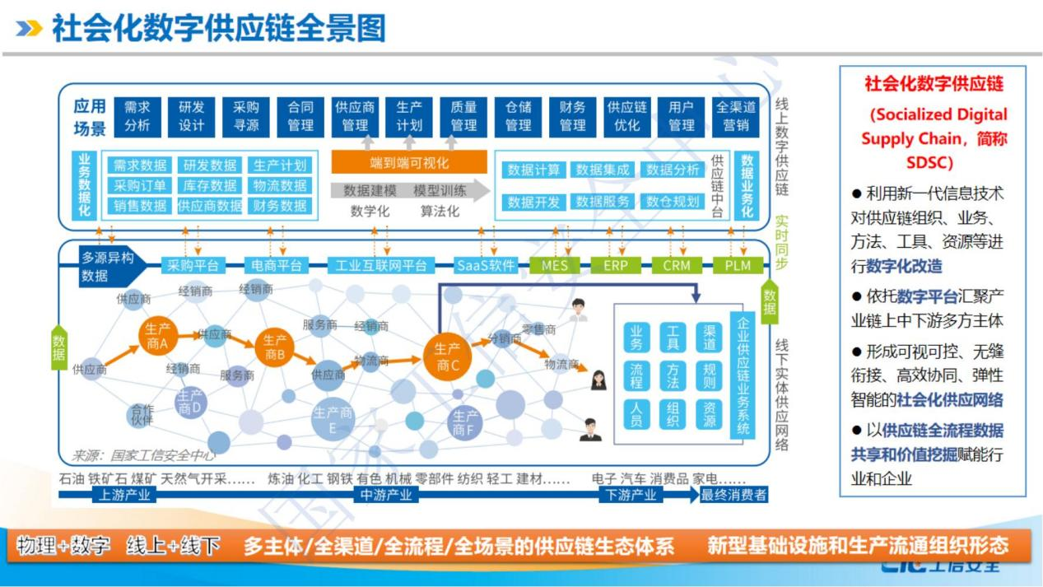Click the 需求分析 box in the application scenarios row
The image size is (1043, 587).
point(137,116)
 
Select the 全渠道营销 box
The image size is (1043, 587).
point(735,116)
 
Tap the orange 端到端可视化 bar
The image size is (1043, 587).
point(409,162)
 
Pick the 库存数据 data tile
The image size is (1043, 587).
point(210,185)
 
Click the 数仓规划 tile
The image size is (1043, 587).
point(673,202)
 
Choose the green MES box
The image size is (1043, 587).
point(554,265)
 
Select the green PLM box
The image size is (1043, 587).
point(737,265)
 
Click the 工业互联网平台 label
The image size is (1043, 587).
point(381,265)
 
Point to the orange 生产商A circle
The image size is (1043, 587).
point(157,336)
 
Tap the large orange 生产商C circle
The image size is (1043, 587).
point(447,356)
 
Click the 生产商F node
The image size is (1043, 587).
point(465,422)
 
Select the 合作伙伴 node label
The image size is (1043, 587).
point(142,414)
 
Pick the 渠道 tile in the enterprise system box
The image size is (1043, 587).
point(709,337)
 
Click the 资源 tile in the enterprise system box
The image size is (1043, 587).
point(709,414)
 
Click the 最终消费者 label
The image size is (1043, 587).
point(733,495)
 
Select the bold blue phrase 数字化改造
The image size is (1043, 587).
point(904,266)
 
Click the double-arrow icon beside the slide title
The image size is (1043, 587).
point(30,30)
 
